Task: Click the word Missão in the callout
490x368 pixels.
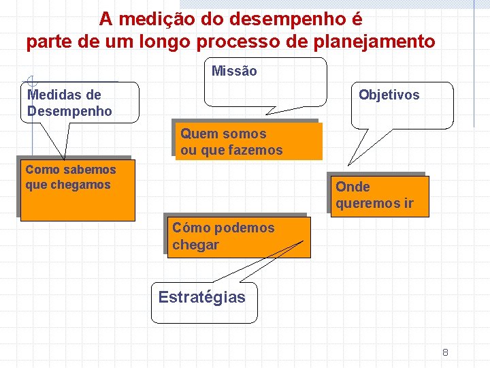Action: pyautogui.click(x=234, y=71)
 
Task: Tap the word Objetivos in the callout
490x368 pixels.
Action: pyautogui.click(x=389, y=95)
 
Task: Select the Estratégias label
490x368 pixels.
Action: pyautogui.click(x=201, y=297)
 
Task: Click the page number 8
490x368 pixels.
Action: pyautogui.click(x=445, y=352)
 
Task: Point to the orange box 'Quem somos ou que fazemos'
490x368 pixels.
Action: pyautogui.click(x=248, y=142)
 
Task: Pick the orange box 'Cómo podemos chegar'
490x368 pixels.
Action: pyautogui.click(x=238, y=236)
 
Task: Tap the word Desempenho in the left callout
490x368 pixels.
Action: pyautogui.click(x=69, y=111)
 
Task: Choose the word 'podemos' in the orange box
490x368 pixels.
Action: pyautogui.click(x=244, y=228)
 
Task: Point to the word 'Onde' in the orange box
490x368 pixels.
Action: pyautogui.click(x=353, y=187)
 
